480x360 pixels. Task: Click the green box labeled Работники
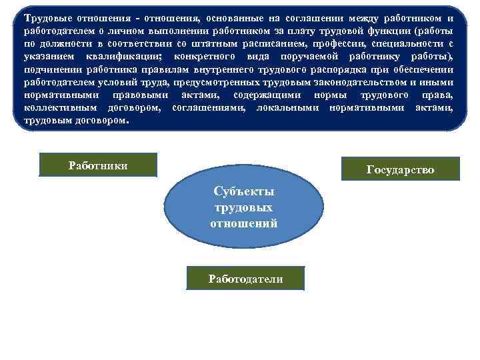[x=98, y=165]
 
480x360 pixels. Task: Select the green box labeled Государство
[x=400, y=169]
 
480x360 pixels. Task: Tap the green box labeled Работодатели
[x=245, y=279]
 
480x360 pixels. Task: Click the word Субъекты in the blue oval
[x=244, y=191]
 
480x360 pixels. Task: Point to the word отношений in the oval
[x=244, y=223]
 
